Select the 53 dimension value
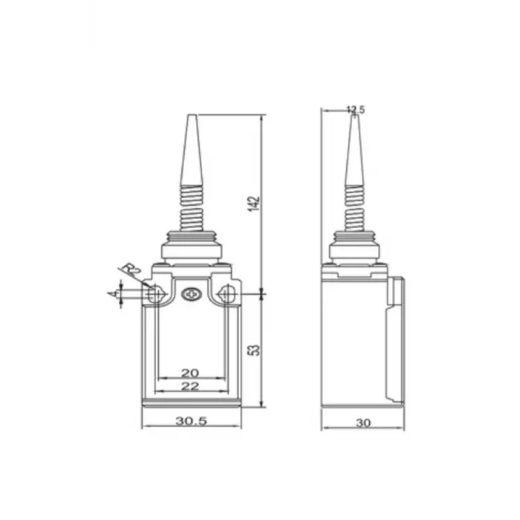tap(254, 349)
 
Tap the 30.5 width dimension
tap(191, 420)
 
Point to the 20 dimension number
tap(191, 372)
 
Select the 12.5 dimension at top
tap(356, 110)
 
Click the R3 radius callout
tap(131, 269)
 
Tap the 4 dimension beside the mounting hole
tap(114, 294)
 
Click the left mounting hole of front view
tap(155, 295)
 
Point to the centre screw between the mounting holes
tap(191, 295)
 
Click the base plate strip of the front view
tap(191, 403)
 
